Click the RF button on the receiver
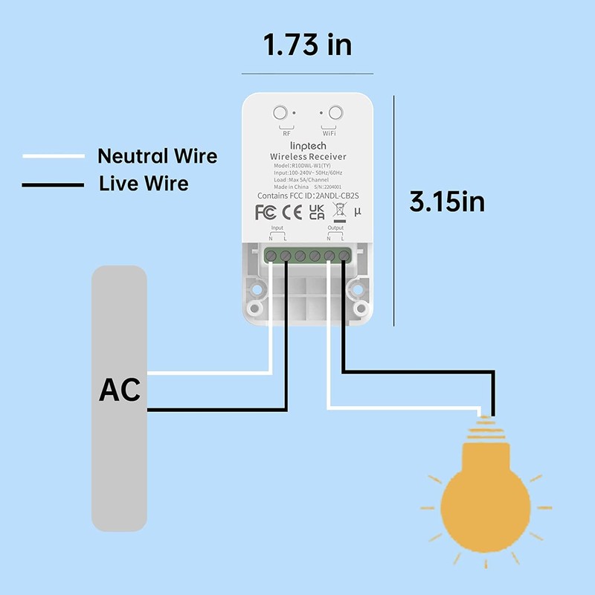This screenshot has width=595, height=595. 280,114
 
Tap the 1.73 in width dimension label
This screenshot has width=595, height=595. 307,45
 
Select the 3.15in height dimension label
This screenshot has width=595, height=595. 447,202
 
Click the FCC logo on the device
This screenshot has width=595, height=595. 266,213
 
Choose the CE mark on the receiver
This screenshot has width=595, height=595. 292,213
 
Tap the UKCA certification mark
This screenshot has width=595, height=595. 316,212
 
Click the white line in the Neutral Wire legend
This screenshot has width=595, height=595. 54,156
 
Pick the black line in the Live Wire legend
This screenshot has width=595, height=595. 54,184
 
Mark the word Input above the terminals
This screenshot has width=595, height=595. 277,228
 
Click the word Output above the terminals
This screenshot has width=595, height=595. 335,228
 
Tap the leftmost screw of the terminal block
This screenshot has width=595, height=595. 271,256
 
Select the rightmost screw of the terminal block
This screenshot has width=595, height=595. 344,256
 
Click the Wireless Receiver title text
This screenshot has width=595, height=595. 308,157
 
